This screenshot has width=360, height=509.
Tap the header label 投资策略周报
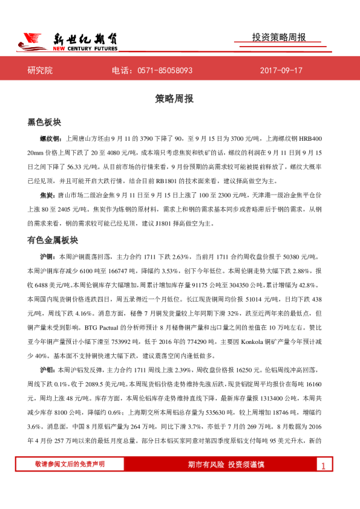[279, 37]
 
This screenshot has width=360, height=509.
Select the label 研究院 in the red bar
[41, 71]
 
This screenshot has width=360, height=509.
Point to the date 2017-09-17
[281, 71]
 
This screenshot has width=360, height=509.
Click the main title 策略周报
[180, 99]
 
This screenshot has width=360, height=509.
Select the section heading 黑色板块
[44, 122]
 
